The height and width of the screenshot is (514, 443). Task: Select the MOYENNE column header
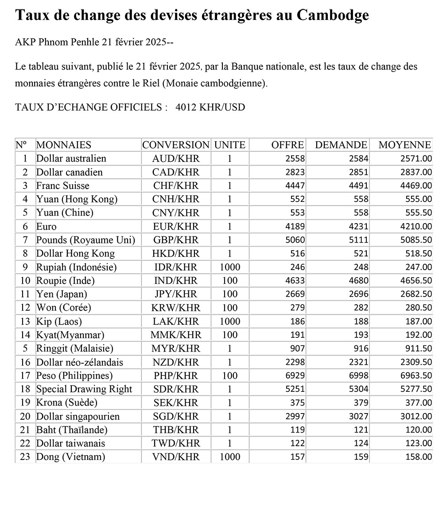404,145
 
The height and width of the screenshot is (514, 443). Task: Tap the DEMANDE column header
341,145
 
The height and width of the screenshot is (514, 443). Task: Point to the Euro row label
47,226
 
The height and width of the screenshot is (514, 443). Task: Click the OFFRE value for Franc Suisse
295,186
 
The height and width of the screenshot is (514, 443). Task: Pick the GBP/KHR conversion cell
175,240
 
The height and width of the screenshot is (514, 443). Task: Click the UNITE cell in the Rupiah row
229,267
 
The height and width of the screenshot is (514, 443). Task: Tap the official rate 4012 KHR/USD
210,107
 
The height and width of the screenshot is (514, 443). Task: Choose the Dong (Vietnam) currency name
70,457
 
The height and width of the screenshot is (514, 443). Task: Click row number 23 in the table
25,457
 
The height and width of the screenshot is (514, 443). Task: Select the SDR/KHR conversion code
175,389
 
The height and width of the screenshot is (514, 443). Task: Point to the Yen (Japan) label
62,294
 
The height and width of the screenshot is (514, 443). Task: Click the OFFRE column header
288,145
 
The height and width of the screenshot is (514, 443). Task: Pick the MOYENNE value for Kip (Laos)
419,321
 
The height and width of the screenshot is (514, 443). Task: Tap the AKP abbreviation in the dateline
25,43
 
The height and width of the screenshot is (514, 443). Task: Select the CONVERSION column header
175,145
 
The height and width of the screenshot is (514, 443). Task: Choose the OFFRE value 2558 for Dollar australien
295,158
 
